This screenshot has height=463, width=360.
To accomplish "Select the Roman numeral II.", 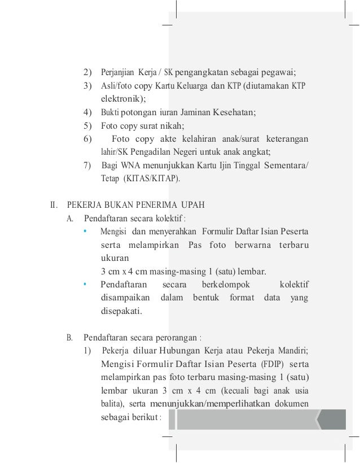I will click(55, 204).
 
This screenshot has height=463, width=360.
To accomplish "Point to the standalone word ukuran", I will click(115, 257).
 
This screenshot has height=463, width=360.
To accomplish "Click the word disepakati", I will click(121, 311).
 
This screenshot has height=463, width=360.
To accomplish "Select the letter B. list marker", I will click(70, 338).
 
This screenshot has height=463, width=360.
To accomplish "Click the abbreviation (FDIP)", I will click(273, 363).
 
